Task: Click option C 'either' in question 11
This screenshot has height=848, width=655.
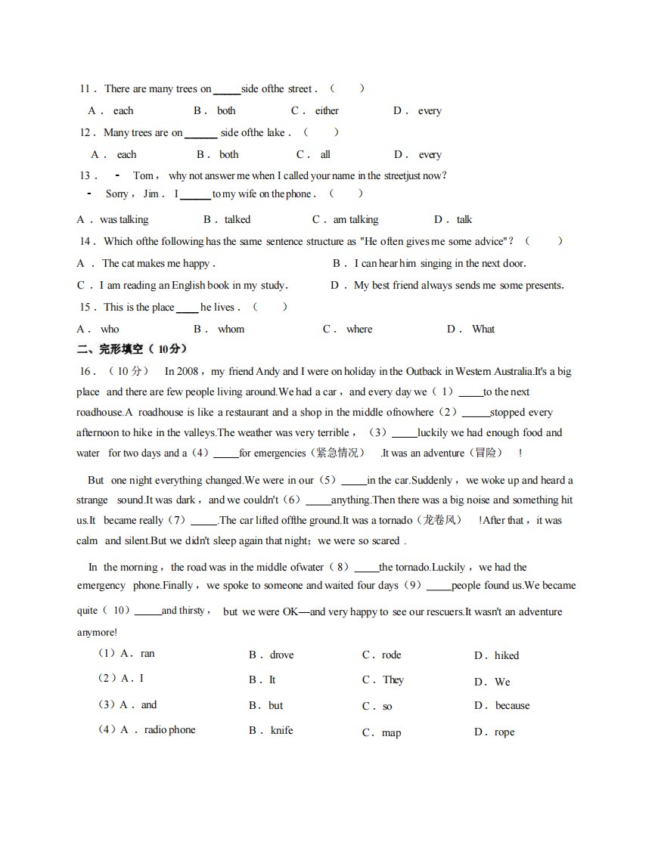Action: pos(327,111)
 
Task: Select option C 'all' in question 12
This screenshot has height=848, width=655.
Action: pos(325,155)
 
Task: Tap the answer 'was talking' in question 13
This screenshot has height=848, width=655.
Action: pos(124,220)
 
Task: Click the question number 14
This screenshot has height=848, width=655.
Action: pos(87,242)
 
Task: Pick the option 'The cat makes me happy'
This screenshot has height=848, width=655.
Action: pos(158,264)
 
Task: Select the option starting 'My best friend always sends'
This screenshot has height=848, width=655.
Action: pos(458,286)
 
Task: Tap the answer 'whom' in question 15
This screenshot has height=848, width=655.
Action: pos(231,330)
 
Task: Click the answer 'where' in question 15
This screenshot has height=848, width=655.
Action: pos(359,330)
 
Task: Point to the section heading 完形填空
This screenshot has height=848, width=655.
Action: pos(121,349)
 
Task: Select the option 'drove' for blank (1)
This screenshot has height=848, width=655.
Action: pos(281,655)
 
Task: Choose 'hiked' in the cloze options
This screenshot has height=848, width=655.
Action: pos(507,656)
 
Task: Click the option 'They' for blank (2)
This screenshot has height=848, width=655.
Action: pos(393,680)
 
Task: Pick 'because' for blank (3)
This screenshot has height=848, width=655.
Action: pos(512,706)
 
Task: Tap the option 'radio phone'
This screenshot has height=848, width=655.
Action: pos(169,730)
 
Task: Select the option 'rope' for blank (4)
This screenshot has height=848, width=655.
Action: pos(504,733)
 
